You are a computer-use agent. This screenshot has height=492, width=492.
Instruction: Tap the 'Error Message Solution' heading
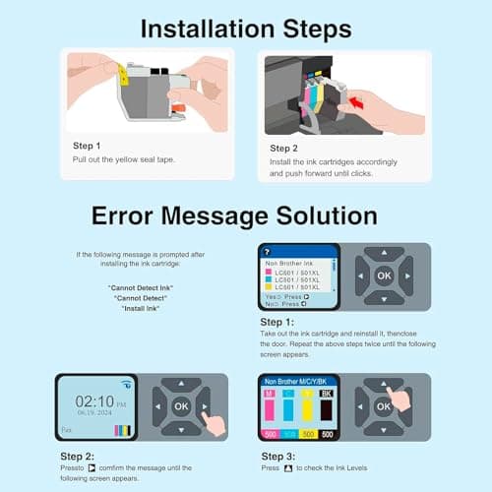tap(234, 214)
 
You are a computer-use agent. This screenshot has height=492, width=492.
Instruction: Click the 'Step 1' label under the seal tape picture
tap(87, 146)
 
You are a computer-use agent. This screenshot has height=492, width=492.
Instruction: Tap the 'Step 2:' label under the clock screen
tap(77, 456)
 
